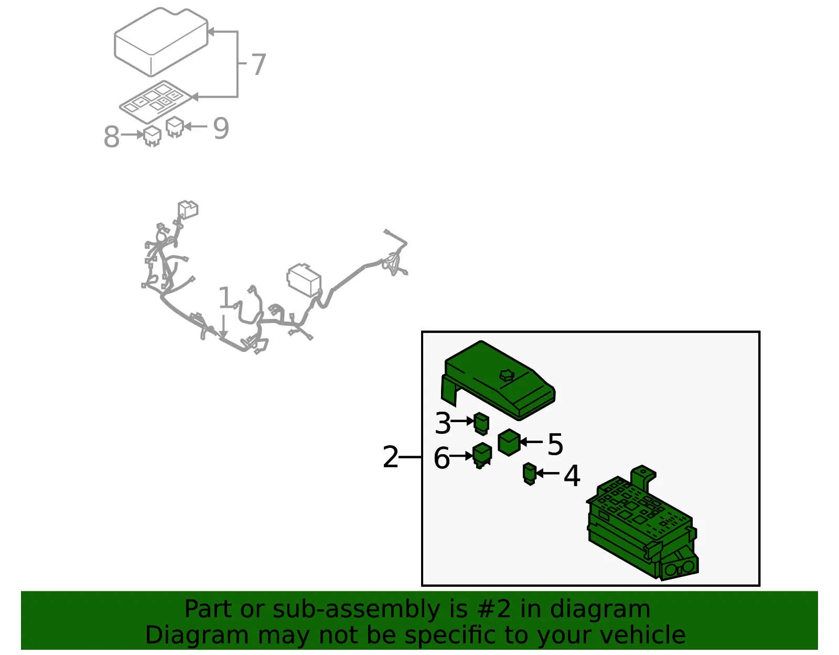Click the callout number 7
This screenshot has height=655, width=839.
click(259, 64)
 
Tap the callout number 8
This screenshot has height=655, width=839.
click(112, 137)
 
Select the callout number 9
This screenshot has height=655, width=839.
click(221, 128)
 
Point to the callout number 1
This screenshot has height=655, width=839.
click(225, 297)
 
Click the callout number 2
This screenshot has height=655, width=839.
click(390, 457)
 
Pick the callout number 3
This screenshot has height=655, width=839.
click(443, 423)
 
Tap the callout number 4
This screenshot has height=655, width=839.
click(572, 476)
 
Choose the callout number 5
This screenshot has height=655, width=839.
click(556, 444)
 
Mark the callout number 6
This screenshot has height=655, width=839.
click(442, 458)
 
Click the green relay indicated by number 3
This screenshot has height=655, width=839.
click(481, 423)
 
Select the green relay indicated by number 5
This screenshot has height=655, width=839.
click(509, 442)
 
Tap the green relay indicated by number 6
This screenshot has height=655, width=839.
click(482, 455)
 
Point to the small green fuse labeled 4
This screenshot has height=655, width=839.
click(530, 474)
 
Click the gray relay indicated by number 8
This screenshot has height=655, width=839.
click(152, 136)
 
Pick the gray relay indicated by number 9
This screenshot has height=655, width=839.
click(175, 127)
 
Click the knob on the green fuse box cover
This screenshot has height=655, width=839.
click(506, 375)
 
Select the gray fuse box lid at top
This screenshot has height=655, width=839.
click(162, 41)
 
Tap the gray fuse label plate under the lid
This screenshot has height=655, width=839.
click(155, 102)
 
